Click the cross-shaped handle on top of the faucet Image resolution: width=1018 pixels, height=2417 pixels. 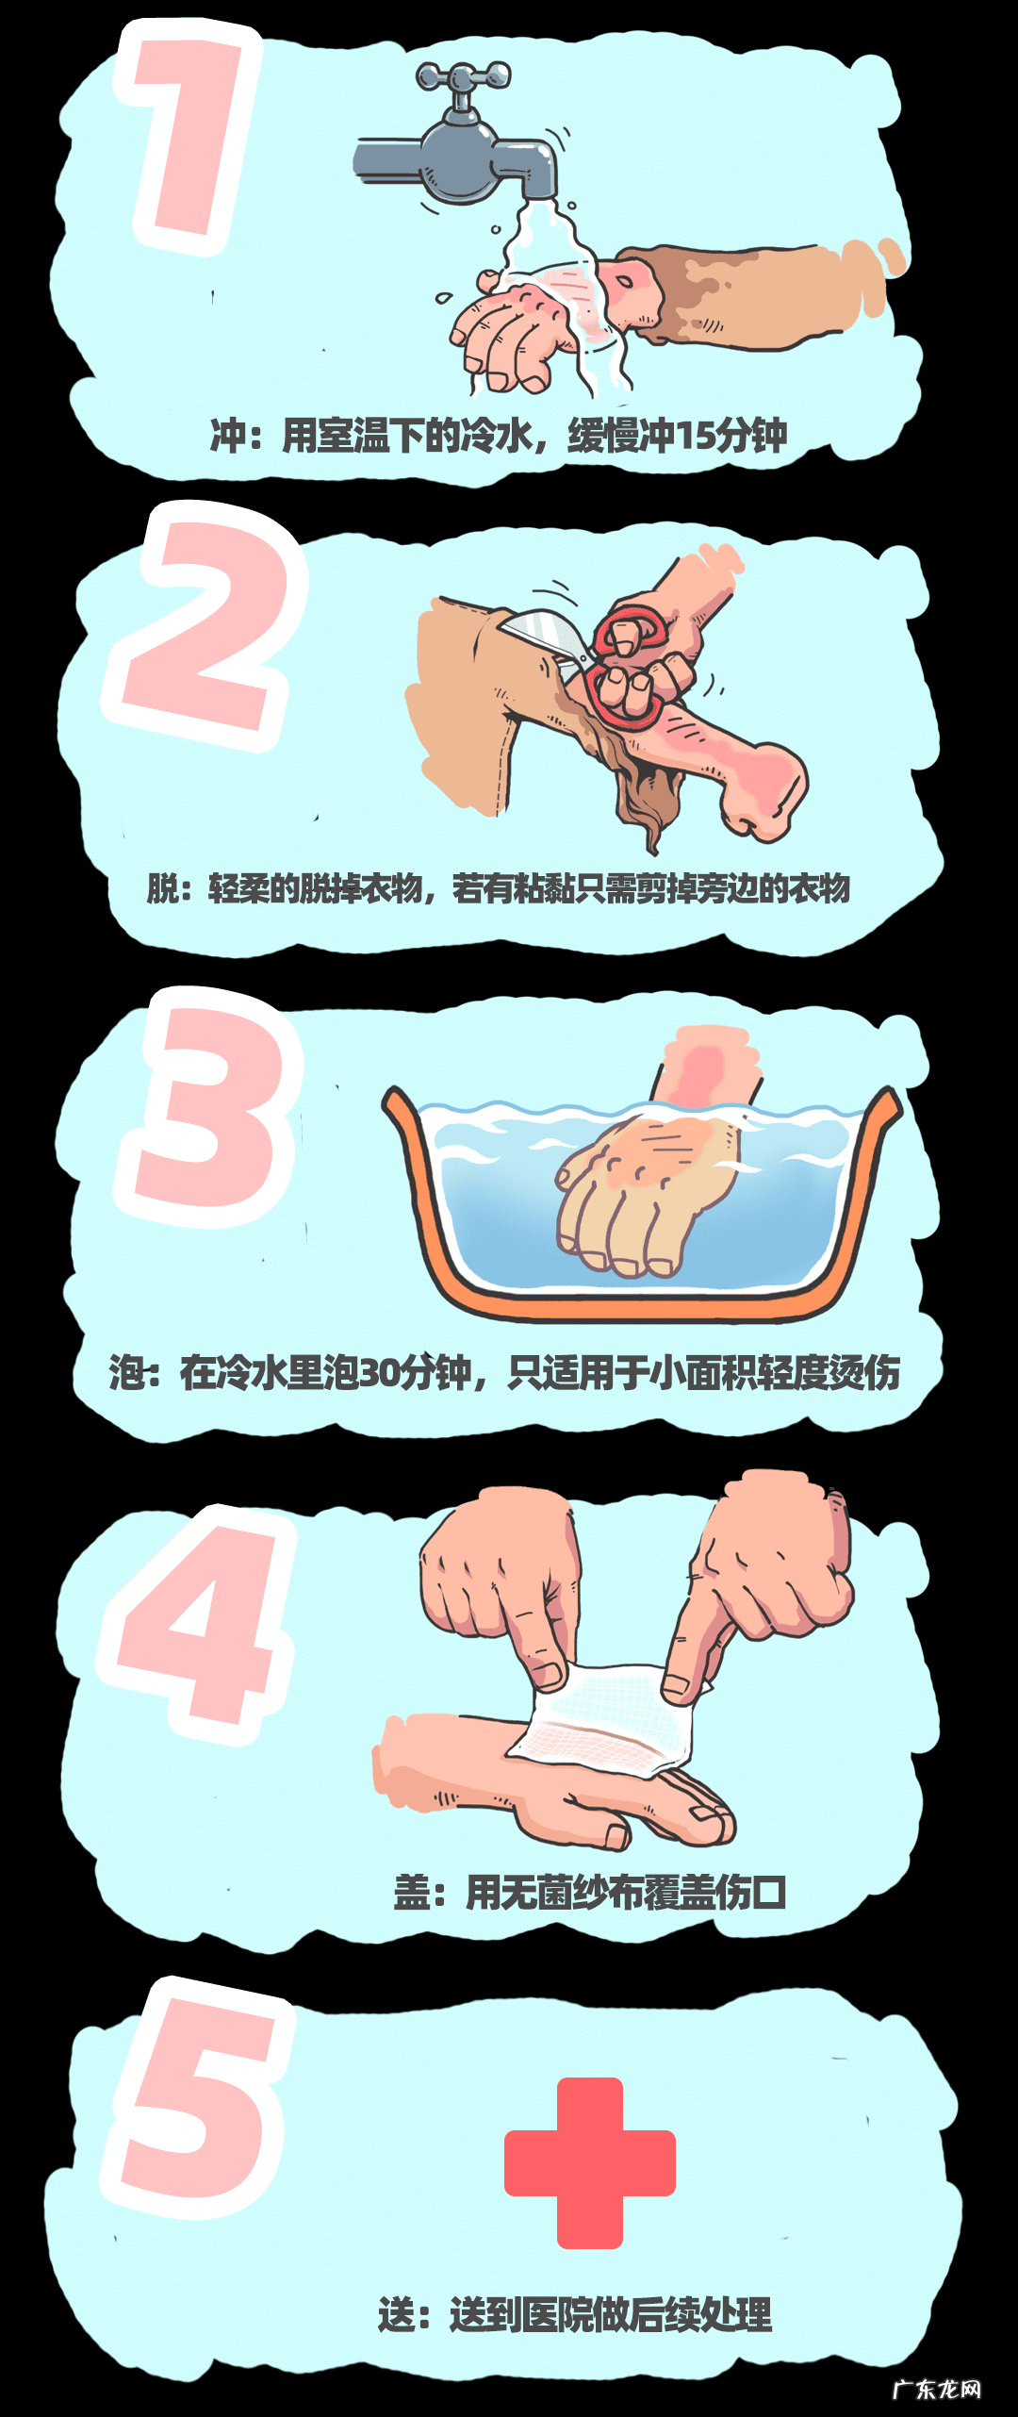pyautogui.click(x=464, y=77)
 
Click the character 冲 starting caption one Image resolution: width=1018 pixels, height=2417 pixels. pyautogui.click(x=228, y=436)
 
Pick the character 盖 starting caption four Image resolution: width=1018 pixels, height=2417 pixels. pyautogui.click(x=413, y=1893)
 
